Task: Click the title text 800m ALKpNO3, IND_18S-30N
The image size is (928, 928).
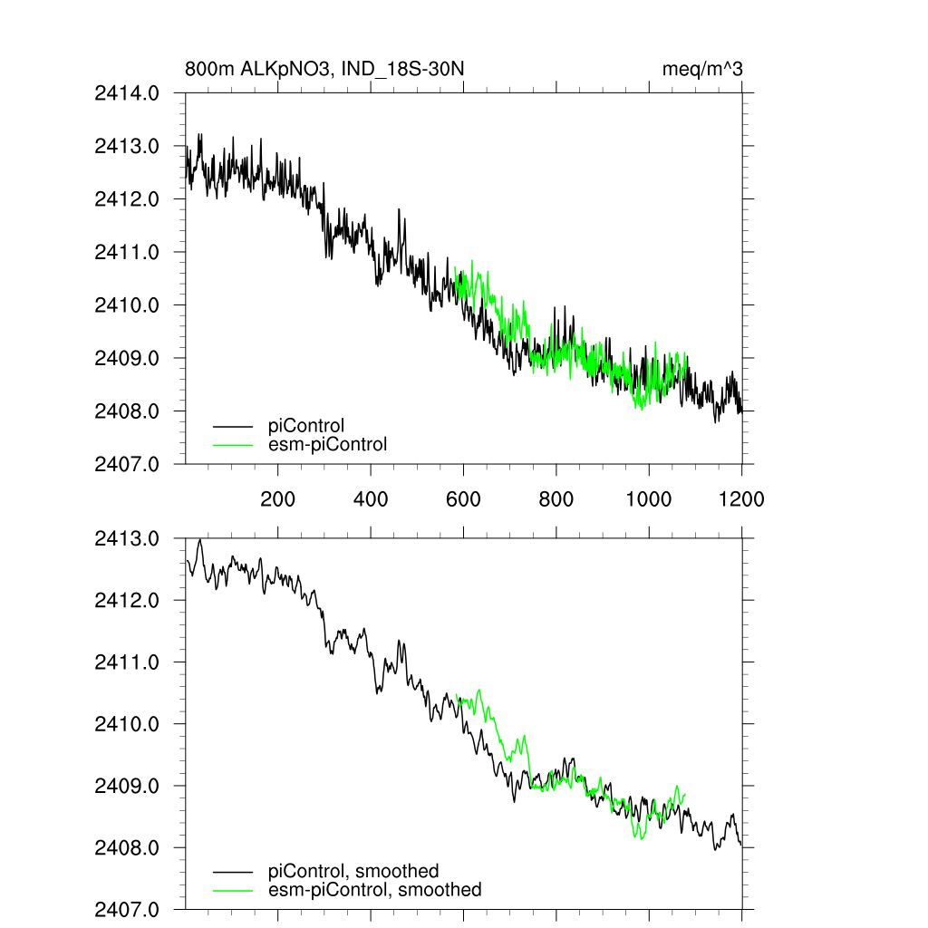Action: click(x=324, y=70)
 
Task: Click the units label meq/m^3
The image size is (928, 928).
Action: click(x=703, y=70)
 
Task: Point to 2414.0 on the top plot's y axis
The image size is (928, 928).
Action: click(x=127, y=92)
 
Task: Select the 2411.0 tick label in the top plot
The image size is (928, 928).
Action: click(x=127, y=252)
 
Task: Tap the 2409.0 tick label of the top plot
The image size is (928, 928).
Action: click(x=127, y=358)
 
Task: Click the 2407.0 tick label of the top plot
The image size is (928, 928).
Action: click(x=127, y=464)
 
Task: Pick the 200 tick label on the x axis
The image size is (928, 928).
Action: click(x=277, y=498)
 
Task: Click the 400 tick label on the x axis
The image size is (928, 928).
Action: click(x=371, y=498)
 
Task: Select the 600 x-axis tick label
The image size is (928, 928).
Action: click(x=463, y=498)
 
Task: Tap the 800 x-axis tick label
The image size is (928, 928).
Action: click(x=556, y=498)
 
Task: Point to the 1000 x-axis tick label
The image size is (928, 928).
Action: click(x=648, y=498)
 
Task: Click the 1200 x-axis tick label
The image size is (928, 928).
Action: click(x=741, y=498)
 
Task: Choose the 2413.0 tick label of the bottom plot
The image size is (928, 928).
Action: click(x=127, y=538)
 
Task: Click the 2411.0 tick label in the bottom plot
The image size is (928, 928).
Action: click(x=127, y=662)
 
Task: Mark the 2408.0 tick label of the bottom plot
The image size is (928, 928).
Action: click(x=127, y=848)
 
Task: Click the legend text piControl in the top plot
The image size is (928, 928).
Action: click(x=306, y=425)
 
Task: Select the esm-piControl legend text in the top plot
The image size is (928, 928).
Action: click(x=327, y=444)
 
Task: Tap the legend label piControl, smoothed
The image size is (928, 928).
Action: click(x=353, y=871)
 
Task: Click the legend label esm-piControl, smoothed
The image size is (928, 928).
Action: click(x=374, y=890)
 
